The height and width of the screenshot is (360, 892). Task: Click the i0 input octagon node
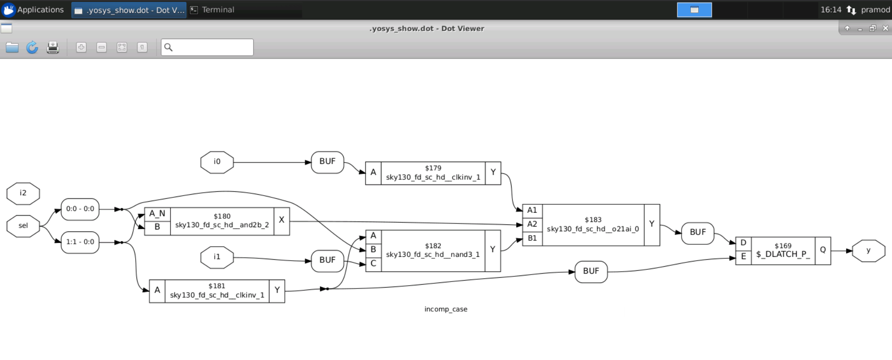coord(217,162)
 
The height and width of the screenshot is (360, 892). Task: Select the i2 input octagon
coord(23,193)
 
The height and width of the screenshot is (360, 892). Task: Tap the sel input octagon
coord(23,226)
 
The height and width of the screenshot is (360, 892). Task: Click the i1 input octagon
coord(217,257)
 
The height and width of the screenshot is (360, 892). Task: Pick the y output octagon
coord(868,251)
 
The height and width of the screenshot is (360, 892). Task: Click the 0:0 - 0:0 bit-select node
coord(80,209)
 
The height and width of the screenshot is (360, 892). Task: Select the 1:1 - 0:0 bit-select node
coord(80,242)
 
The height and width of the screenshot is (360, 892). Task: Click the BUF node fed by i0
coord(327,162)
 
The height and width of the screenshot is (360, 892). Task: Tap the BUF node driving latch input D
coord(697,232)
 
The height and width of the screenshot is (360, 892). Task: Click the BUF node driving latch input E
coord(590,271)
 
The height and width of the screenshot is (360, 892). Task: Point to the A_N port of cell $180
coord(157,214)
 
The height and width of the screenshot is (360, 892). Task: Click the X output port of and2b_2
coord(282,221)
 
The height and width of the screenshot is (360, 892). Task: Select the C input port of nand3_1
coord(373,264)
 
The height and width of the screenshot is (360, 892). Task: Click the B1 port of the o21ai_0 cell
coord(532,238)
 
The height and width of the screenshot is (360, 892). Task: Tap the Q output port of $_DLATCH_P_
coord(822,250)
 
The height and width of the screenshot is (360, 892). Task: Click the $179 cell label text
coord(433,168)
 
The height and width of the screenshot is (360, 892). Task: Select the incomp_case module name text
coord(446,309)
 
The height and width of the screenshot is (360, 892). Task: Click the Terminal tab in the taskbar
coord(218,10)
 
